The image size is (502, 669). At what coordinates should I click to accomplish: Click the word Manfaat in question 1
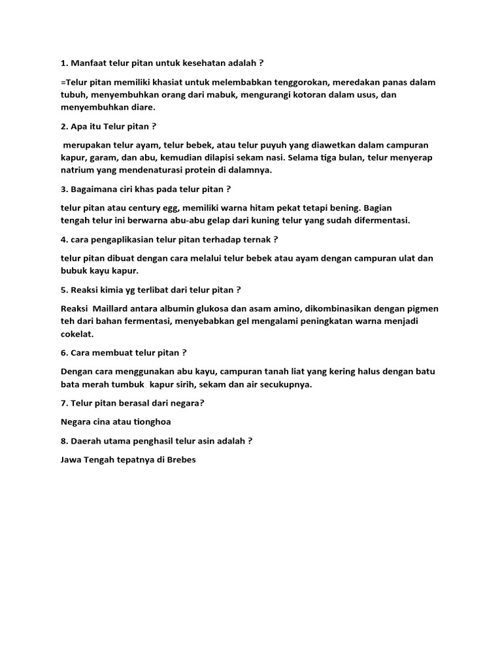pyautogui.click(x=90, y=63)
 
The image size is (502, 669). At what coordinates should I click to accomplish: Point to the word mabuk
pyautogui.click(x=231, y=95)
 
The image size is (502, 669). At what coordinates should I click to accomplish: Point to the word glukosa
pyautogui.click(x=222, y=308)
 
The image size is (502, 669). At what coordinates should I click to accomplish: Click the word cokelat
pyautogui.click(x=77, y=333)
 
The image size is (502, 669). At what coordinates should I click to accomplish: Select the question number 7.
pyautogui.click(x=63, y=403)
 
